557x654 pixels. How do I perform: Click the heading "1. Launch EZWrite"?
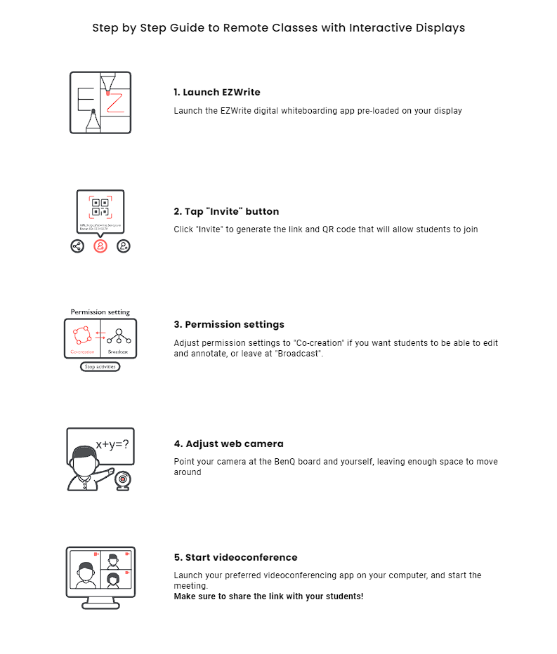217,92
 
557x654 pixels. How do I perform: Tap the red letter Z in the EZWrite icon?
114,102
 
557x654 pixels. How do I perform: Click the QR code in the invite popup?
100,208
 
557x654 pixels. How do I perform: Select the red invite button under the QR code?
100,246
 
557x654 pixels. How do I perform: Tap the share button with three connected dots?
77,246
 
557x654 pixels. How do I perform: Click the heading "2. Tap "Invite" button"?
226,211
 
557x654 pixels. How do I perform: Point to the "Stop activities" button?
100,367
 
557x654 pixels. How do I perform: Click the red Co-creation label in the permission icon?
82,352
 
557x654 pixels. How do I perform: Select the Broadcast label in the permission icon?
118,352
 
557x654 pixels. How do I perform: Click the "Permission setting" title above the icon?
100,312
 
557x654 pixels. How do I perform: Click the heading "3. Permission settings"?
229,325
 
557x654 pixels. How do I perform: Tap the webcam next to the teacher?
122,479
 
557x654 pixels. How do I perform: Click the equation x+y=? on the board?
112,445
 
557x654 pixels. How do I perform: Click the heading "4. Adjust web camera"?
228,443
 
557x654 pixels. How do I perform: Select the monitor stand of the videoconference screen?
100,603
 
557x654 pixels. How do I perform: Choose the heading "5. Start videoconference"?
235,557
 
